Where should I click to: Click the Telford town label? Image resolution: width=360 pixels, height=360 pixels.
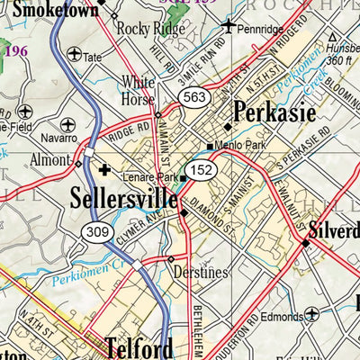(137, 346)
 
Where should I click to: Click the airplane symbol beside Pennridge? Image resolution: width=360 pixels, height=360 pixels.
(231, 26)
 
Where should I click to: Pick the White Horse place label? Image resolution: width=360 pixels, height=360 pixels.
(139, 87)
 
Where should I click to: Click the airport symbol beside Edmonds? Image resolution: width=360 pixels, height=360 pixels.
(311, 313)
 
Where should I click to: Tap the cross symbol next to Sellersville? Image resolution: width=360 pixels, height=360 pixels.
(104, 168)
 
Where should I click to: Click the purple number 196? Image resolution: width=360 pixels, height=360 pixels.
(16, 51)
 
